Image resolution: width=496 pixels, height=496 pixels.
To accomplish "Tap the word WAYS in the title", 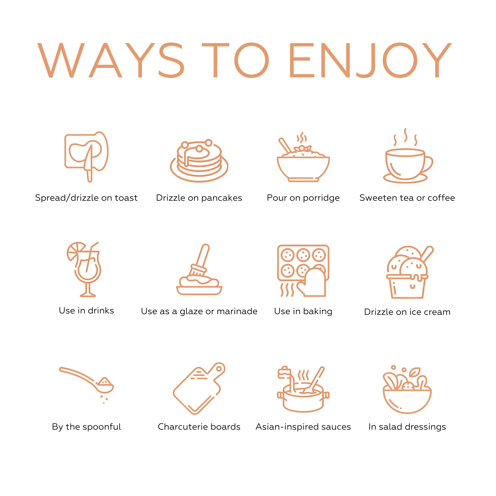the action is click(x=111, y=60).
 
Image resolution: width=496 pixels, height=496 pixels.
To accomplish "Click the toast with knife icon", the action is click(x=87, y=157).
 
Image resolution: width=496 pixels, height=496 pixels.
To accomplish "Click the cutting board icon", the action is click(x=199, y=388).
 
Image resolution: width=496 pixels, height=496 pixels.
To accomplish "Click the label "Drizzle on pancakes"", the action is click(x=199, y=198).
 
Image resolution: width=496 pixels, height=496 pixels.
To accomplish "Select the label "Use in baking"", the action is click(x=303, y=311).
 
